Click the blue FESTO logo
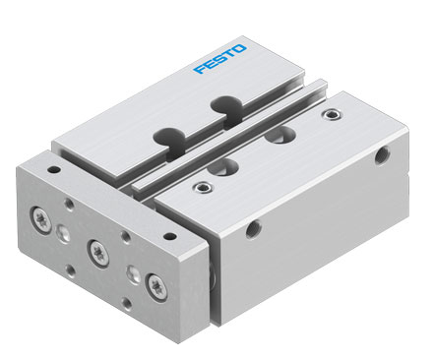219,59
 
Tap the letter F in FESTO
200,69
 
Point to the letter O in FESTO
240,48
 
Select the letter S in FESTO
219,59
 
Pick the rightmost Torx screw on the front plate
157,287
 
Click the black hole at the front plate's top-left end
54,170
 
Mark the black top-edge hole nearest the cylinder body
170,236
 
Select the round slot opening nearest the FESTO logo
226,105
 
